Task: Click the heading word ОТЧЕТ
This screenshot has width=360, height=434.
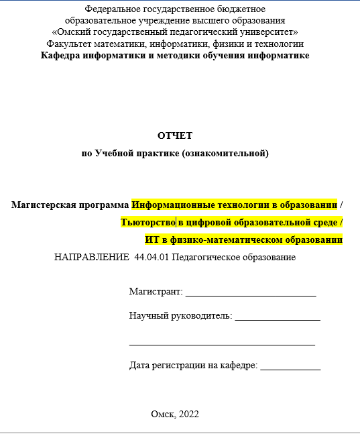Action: point(175,135)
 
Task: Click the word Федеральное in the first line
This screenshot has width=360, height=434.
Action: point(109,9)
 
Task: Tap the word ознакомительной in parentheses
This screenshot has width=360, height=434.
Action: point(225,154)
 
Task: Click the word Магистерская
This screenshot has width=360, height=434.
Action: point(40,205)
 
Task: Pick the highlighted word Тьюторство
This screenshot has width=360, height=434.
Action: point(147,222)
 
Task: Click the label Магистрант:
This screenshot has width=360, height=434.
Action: point(156,292)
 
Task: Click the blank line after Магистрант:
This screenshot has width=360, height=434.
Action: point(250,293)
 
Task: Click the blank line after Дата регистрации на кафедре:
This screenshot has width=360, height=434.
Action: point(290,367)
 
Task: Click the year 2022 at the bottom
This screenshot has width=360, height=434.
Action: point(189,415)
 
